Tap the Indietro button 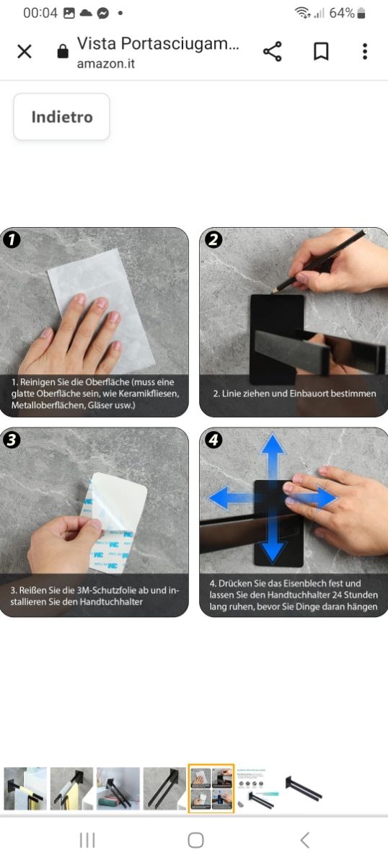[61, 117]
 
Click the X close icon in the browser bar [25, 51]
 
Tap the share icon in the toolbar [273, 51]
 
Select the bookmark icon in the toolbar [321, 51]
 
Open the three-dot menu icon [365, 51]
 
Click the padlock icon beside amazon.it [63, 51]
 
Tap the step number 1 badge [12, 239]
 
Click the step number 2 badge [213, 239]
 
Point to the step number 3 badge [12, 440]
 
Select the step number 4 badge [213, 440]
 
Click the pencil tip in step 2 [273, 291]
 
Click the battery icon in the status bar [361, 14]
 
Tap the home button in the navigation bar [195, 840]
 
